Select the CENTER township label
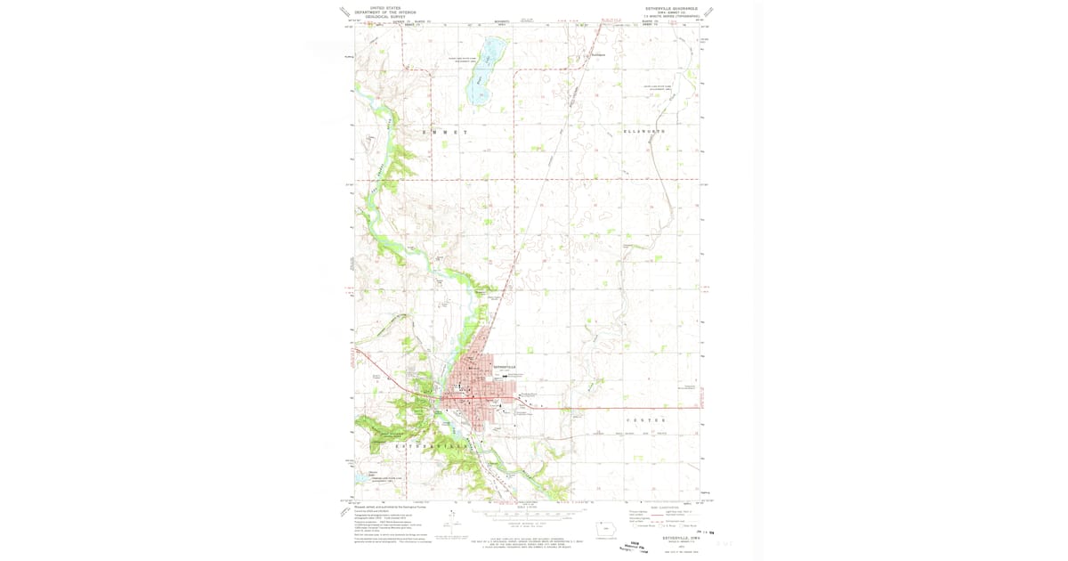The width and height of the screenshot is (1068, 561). point(646,419)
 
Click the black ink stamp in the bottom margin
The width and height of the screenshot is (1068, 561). point(633,545)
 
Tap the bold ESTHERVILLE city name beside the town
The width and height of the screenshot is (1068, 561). point(504,367)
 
